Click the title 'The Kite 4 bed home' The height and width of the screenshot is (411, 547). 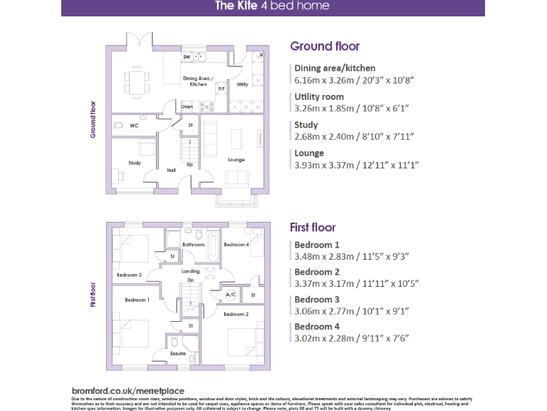[273, 6]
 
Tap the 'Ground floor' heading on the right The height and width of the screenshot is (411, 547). [325, 46]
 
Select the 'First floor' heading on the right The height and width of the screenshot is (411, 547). [313, 228]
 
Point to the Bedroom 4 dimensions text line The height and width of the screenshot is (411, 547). [352, 338]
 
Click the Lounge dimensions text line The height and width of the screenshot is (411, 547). [357, 165]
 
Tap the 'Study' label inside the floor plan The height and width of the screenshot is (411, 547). [135, 163]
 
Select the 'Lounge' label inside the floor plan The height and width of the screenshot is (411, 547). [236, 160]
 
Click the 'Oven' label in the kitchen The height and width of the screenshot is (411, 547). [187, 106]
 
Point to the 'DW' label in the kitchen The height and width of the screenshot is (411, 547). [187, 56]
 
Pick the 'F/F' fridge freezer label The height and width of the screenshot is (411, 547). [221, 89]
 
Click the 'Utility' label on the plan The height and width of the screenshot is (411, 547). [242, 84]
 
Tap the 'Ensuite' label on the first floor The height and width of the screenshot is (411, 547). [178, 353]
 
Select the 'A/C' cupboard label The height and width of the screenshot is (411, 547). [230, 294]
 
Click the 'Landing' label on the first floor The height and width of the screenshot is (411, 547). [190, 271]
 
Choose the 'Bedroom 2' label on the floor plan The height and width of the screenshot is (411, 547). [236, 314]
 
